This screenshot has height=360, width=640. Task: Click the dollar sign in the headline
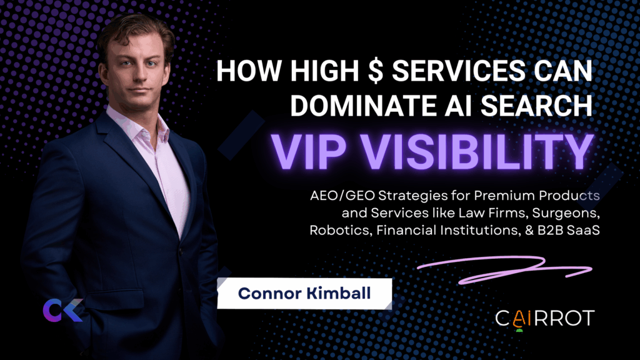tap(375, 70)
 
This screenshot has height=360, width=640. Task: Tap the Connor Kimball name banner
tap(304, 294)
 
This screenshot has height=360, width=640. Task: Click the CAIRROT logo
tap(544, 319)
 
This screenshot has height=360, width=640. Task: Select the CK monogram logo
tap(62, 310)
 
